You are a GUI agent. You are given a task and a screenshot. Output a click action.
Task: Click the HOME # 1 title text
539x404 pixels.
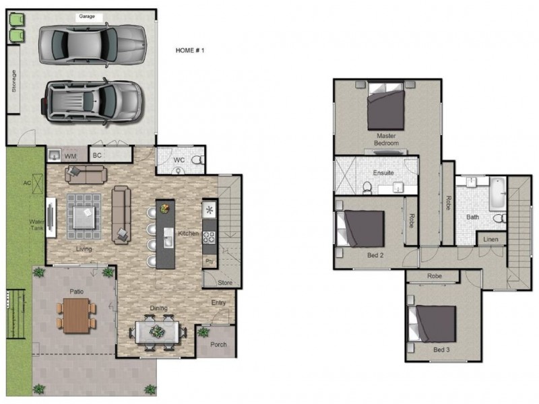point(190,50)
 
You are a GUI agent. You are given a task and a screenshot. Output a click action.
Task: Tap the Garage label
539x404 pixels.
point(87,16)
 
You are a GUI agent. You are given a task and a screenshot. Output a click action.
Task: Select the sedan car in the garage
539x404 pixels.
point(93,44)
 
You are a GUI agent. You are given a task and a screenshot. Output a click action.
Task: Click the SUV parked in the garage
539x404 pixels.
point(92,102)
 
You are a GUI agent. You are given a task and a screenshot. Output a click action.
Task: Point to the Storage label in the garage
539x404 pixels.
point(13,81)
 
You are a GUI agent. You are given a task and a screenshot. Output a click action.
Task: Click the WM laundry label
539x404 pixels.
point(71,157)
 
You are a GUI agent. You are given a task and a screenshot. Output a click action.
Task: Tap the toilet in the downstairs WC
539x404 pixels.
point(197,160)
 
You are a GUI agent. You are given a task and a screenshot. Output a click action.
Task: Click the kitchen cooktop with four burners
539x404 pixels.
point(209,238)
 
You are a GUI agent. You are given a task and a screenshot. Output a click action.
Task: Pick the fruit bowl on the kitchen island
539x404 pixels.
point(165,209)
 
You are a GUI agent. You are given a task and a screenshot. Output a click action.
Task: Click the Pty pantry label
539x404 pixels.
point(210,261)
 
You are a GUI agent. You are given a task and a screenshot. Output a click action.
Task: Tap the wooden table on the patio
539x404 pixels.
point(76,315)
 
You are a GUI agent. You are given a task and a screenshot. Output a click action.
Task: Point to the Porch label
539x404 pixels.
point(218,344)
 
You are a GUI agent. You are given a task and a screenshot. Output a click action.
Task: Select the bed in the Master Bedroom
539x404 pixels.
point(385,106)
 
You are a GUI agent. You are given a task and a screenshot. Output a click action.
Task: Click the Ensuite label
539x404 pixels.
point(383,173)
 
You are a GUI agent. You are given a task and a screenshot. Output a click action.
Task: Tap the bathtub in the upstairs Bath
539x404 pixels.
point(497,193)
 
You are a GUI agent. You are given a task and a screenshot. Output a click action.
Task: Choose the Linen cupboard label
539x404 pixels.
point(490,240)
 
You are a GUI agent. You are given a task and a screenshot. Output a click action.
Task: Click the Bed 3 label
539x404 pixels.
point(441,349)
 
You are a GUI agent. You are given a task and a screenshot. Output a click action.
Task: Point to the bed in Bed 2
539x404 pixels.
point(360,229)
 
